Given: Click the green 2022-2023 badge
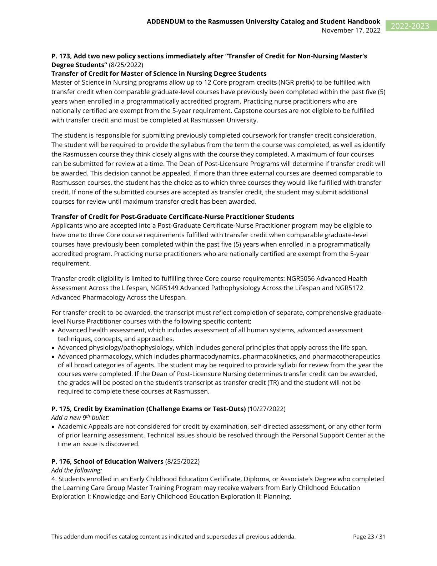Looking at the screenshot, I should (x=411, y=26).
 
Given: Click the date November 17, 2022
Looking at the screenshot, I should (x=351, y=30).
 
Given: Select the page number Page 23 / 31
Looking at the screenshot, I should (x=369, y=536).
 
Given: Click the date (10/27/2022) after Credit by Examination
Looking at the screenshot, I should (x=266, y=409).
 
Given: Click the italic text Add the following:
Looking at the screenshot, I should (x=77, y=470).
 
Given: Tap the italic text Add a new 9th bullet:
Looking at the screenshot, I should (x=80, y=417).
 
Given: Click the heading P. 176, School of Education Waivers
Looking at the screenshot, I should (x=107, y=461).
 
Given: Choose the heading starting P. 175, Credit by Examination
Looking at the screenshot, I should (x=148, y=409).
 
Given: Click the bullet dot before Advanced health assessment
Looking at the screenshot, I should (x=54, y=331).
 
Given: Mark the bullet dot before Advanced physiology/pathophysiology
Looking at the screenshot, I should (x=54, y=348).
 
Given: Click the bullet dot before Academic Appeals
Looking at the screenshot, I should (x=54, y=427).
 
